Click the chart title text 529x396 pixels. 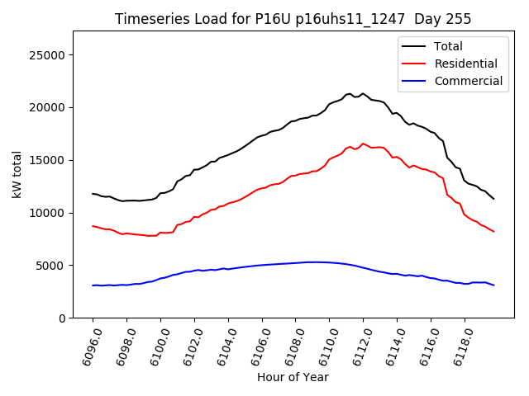(x=293, y=19)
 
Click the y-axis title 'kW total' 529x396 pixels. (x=17, y=174)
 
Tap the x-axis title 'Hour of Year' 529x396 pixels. (x=293, y=377)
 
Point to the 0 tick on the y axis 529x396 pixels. (x=62, y=318)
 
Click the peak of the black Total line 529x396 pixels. (x=362, y=93)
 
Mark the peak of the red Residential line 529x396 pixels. (x=362, y=144)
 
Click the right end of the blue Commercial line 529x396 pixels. (x=493, y=285)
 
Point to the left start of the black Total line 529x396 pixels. (x=93, y=194)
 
